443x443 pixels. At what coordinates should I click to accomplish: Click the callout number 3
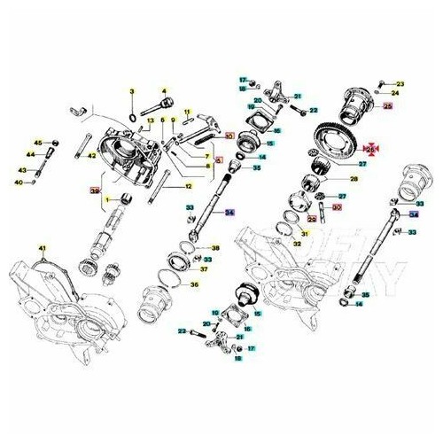[131, 91]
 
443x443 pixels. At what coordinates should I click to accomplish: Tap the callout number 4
[164, 90]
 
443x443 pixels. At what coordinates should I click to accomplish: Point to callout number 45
[38, 143]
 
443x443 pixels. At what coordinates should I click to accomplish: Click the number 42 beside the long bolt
[90, 156]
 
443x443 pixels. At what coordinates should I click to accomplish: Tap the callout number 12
[188, 187]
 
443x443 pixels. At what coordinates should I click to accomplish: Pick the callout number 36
[195, 284]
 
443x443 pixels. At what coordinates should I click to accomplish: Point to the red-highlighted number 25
[387, 105]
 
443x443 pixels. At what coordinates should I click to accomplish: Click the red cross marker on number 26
[372, 151]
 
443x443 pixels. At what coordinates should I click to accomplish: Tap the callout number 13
[152, 120]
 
